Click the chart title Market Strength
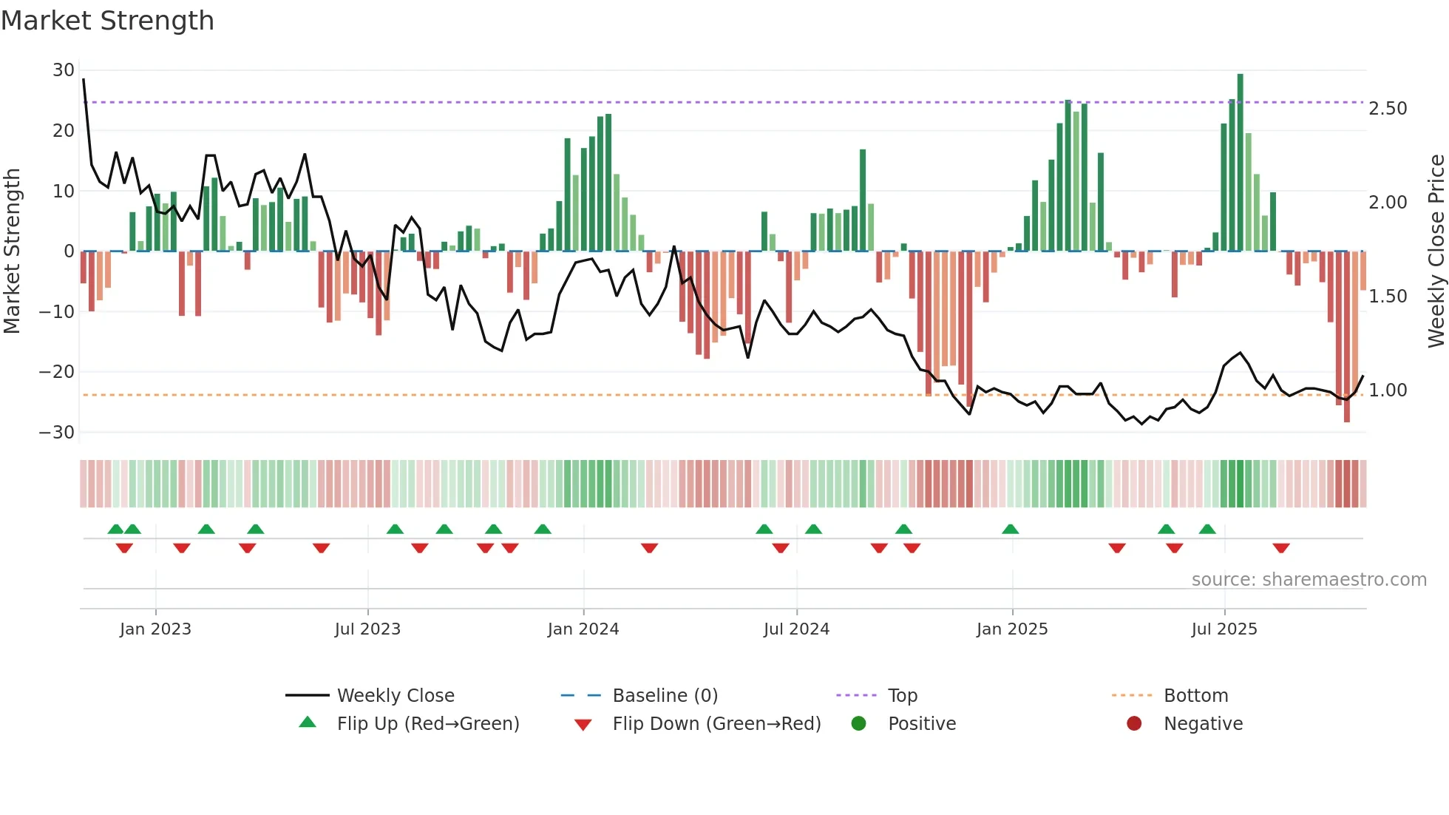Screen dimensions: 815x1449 (107, 21)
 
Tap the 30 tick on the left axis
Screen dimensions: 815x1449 (64, 70)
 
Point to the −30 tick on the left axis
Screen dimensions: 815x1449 (57, 433)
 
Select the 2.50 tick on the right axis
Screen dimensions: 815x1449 (1388, 109)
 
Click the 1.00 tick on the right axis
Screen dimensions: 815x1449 (1388, 390)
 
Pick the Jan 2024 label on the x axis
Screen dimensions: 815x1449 (583, 629)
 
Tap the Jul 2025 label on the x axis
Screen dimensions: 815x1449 (1224, 629)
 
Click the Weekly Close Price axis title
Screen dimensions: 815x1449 (1436, 251)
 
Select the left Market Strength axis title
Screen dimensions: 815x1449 (12, 251)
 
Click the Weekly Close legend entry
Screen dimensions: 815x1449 (395, 696)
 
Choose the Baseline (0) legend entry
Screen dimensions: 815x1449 (665, 696)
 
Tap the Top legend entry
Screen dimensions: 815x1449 (902, 696)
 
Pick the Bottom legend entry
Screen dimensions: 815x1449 (1195, 696)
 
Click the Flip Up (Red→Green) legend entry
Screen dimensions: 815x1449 (427, 724)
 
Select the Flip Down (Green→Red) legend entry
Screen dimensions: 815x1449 (716, 724)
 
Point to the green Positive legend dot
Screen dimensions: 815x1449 (858, 723)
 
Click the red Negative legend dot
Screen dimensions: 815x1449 (1134, 723)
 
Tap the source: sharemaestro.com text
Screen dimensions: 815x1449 (1309, 580)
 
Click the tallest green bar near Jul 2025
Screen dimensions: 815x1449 (1240, 163)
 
